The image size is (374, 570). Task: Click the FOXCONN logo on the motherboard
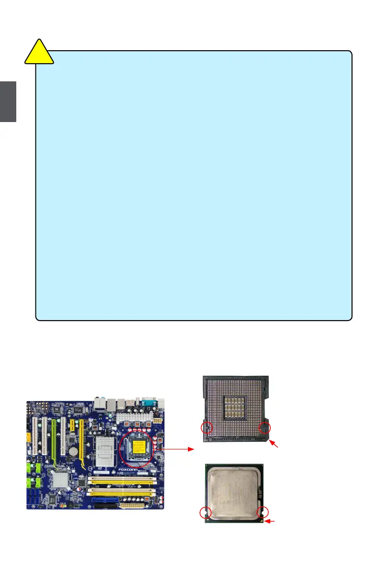130,470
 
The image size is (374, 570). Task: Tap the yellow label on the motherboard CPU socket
139,447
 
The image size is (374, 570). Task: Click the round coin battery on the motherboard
73,451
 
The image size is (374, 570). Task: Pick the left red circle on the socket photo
207,427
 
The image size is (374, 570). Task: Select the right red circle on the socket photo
264,428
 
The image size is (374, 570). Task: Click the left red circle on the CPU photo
206,513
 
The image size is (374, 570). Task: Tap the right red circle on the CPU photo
262,513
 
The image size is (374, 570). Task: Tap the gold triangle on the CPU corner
262,521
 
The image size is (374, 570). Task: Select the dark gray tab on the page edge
8,101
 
